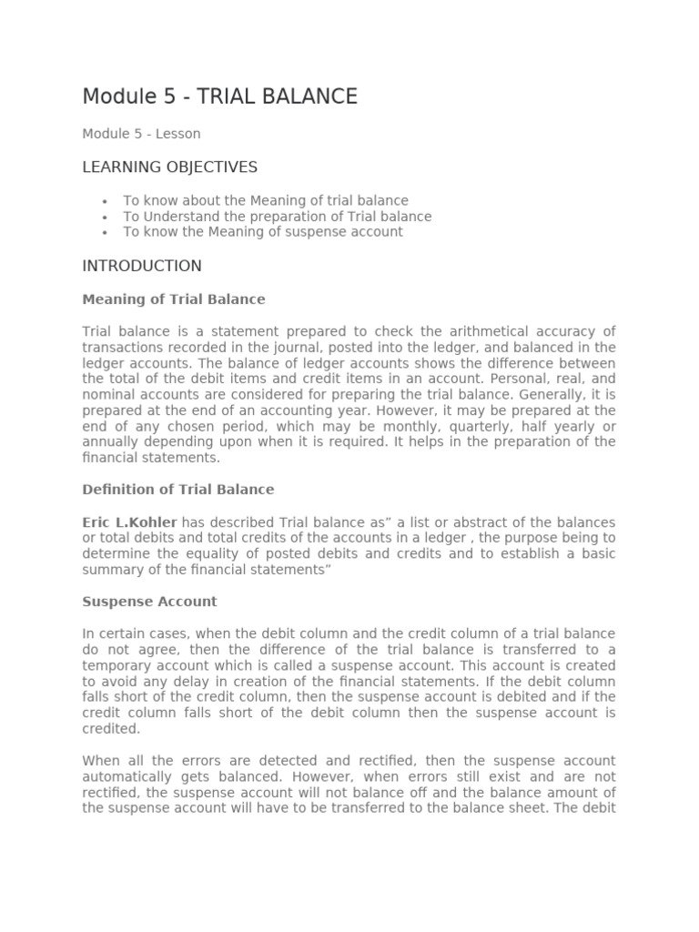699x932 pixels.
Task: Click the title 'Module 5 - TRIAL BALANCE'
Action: tap(219, 96)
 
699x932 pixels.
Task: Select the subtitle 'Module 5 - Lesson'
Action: tap(141, 134)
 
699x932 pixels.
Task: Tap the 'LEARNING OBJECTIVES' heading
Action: tap(169, 167)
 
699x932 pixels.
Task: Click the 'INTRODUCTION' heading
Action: tap(142, 267)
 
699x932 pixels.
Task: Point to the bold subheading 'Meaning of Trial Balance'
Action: tap(174, 299)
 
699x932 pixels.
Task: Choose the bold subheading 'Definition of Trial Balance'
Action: tap(177, 490)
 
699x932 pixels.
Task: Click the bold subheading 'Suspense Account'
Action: tap(149, 602)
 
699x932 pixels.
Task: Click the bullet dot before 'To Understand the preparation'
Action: tap(106, 218)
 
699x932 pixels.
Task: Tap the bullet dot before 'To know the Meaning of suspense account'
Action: tap(106, 233)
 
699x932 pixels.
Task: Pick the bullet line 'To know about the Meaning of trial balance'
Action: tap(266, 201)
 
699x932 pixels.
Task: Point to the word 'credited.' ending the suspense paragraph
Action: tap(111, 730)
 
